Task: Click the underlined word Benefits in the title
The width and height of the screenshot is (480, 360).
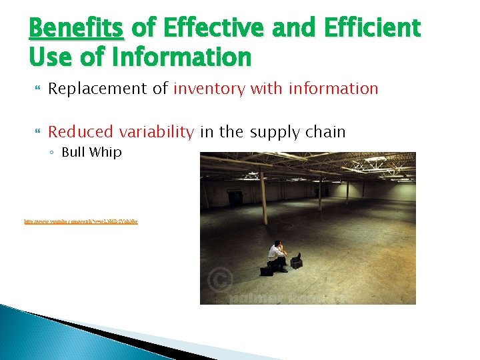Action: pyautogui.click(x=75, y=29)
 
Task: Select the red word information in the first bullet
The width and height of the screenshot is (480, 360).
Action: pyautogui.click(x=333, y=89)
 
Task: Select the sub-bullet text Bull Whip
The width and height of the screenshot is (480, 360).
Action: pyautogui.click(x=91, y=152)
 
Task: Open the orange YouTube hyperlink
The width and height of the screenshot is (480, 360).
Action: pyautogui.click(x=81, y=221)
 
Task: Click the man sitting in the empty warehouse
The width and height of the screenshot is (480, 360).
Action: pyautogui.click(x=277, y=257)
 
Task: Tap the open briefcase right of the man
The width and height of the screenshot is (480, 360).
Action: pyautogui.click(x=296, y=261)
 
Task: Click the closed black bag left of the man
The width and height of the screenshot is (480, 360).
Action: pyautogui.click(x=267, y=270)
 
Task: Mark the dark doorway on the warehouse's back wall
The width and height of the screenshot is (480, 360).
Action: pyautogui.click(x=235, y=198)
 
